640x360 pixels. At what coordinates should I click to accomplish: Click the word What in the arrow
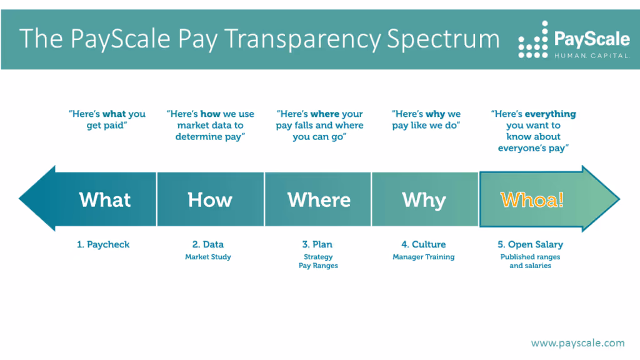105,200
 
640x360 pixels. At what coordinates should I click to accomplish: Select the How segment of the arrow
210,200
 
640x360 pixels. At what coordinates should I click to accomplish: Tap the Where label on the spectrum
319,200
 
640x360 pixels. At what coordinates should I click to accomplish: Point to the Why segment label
424,200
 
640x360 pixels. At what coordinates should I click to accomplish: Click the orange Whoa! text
532,200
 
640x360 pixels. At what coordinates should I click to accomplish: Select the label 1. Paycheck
103,244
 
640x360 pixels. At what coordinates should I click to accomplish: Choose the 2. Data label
208,244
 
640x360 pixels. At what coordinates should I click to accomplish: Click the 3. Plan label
319,244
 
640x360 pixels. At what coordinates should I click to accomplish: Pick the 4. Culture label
424,244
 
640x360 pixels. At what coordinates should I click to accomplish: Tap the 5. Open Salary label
530,244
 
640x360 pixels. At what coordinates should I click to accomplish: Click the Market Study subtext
208,257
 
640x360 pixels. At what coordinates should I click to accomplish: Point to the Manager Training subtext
424,257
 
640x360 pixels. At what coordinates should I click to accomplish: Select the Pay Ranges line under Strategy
319,266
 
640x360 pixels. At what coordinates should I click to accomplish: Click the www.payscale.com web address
577,342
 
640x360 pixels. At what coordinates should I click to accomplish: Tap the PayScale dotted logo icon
533,41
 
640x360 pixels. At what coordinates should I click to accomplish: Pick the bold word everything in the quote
550,114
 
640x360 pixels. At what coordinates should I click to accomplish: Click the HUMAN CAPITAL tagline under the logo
592,56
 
